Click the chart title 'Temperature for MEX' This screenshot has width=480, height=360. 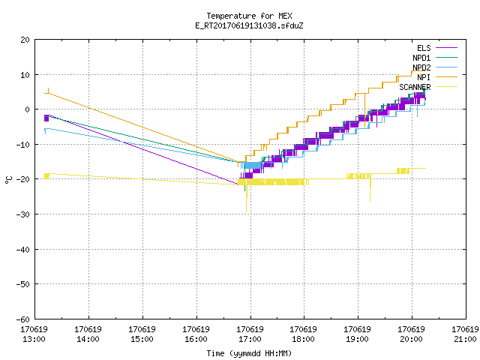249,16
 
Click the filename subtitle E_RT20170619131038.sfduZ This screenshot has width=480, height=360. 249,25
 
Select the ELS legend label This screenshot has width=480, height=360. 424,48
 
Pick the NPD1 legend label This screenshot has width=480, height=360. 421,58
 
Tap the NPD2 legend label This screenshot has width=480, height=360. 421,67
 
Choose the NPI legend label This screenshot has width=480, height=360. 424,77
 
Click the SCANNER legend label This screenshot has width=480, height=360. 415,87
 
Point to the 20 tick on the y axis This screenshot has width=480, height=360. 25,40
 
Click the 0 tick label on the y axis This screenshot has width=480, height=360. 27,109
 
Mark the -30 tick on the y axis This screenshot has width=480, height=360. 23,214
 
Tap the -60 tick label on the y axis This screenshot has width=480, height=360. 23,319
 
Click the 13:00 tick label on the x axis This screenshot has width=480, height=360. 34,339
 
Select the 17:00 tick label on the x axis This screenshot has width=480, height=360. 250,339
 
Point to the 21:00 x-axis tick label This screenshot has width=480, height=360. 465,339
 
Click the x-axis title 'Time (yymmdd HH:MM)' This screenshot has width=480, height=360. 249,353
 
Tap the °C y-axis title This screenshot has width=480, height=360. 8,180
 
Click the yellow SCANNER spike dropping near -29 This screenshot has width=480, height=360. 247,199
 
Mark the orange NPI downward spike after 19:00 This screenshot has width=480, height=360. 365,110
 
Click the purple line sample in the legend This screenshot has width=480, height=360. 446,48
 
